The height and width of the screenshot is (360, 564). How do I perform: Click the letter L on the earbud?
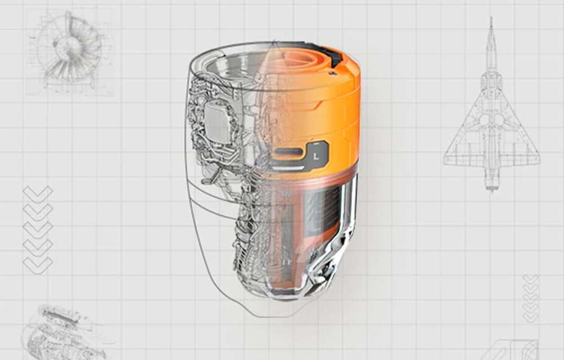click(316, 156)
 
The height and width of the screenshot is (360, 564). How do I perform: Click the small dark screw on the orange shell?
click(332, 73)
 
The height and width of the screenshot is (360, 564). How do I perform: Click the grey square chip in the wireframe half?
click(217, 122)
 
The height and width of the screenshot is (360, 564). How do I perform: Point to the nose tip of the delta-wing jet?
click(491, 17)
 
